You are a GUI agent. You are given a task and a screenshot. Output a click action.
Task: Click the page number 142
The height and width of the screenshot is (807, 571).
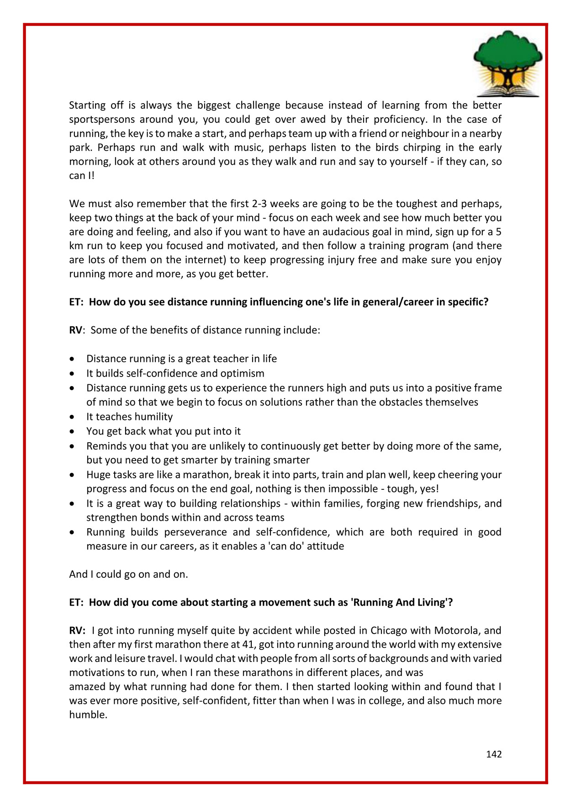click(494, 754)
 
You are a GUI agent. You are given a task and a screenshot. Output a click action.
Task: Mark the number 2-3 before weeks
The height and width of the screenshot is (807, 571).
click(259, 204)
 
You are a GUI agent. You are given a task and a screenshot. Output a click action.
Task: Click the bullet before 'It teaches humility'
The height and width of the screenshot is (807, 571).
click(72, 417)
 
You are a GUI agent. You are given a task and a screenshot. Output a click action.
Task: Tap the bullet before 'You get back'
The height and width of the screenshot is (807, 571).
click(72, 432)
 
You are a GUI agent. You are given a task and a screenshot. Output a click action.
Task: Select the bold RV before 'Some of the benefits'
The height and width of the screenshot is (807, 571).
click(75, 330)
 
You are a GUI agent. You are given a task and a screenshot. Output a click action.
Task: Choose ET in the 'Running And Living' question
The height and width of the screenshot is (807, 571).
click(75, 603)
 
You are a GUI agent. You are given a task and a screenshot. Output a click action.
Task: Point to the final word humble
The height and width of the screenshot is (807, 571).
click(88, 715)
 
